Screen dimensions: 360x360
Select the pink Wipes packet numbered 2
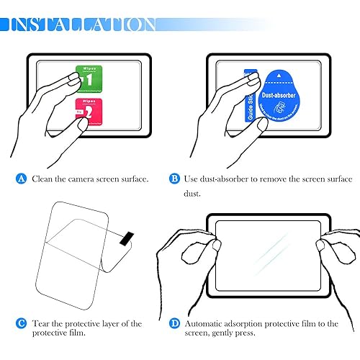(86, 113)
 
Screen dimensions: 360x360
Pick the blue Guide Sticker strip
(249, 97)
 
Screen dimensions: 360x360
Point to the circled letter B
(174, 178)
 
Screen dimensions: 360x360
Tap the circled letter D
(174, 323)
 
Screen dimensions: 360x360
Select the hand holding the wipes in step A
(43, 108)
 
